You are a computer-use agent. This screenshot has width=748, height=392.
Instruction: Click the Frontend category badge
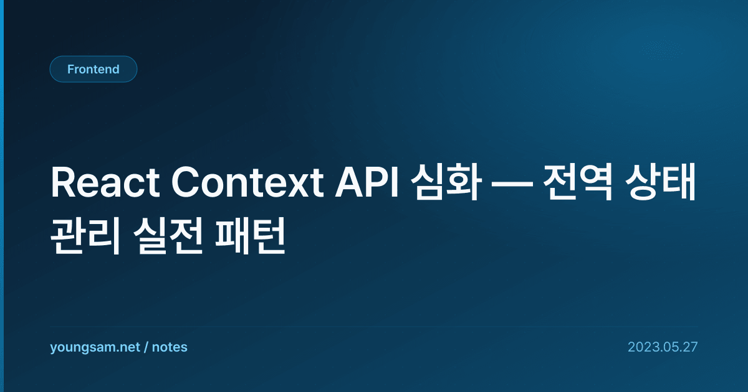click(93, 69)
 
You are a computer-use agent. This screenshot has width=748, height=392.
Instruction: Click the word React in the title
click(105, 183)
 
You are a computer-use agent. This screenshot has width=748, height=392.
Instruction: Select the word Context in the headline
click(247, 183)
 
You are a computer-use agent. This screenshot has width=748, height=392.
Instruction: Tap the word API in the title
click(367, 182)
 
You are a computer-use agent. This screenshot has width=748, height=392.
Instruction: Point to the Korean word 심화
click(446, 182)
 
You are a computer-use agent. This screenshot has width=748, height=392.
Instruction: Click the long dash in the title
click(512, 184)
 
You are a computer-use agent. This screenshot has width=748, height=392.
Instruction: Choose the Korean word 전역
click(578, 182)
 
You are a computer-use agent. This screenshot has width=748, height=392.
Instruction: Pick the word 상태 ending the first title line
click(660, 182)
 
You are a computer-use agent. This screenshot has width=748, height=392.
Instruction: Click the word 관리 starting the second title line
click(85, 235)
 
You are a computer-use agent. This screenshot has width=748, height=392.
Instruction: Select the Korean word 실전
click(168, 235)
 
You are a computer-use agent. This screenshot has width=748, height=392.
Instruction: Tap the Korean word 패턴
click(250, 235)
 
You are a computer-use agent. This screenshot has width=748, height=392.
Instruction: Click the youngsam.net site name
click(95, 348)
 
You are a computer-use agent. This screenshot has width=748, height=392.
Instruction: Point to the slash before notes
click(146, 347)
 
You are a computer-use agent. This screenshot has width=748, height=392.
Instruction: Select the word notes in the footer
click(170, 347)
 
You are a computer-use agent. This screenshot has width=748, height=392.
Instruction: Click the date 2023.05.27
click(663, 347)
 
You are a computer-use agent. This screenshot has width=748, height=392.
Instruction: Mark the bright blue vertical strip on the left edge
click(2, 196)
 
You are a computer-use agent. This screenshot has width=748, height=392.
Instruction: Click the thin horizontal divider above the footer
click(373, 327)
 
